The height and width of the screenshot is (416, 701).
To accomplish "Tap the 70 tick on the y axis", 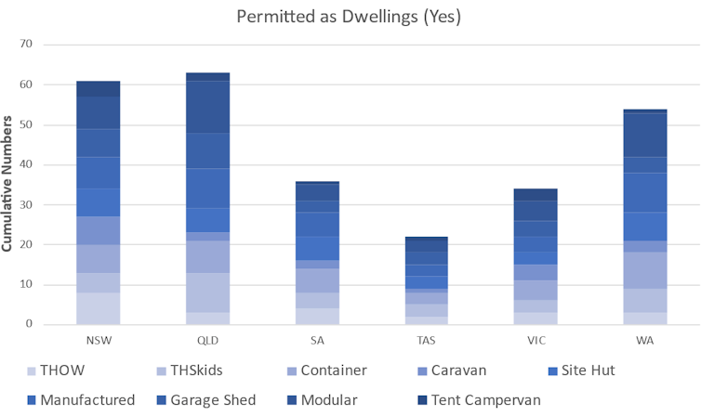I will pyautogui.click(x=25, y=45).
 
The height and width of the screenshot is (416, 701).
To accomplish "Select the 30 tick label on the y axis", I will pyautogui.click(x=25, y=204).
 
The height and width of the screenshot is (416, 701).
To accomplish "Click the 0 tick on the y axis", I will pyautogui.click(x=29, y=325).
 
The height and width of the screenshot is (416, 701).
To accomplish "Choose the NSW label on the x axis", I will pyautogui.click(x=98, y=340).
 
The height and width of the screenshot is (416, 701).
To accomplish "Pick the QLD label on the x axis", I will pyautogui.click(x=207, y=340).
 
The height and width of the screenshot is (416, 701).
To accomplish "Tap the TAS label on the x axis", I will pyautogui.click(x=426, y=340).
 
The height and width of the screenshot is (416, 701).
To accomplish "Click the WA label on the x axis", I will pyautogui.click(x=645, y=340).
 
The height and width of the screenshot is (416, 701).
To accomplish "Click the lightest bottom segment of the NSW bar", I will pyautogui.click(x=98, y=308).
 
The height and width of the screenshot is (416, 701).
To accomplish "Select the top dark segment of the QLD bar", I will pyautogui.click(x=207, y=76).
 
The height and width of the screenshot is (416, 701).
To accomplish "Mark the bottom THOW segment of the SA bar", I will pyautogui.click(x=317, y=316).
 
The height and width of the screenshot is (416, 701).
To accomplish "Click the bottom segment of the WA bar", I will pyautogui.click(x=645, y=318).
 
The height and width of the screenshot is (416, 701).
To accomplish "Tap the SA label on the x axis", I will pyautogui.click(x=317, y=340).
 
